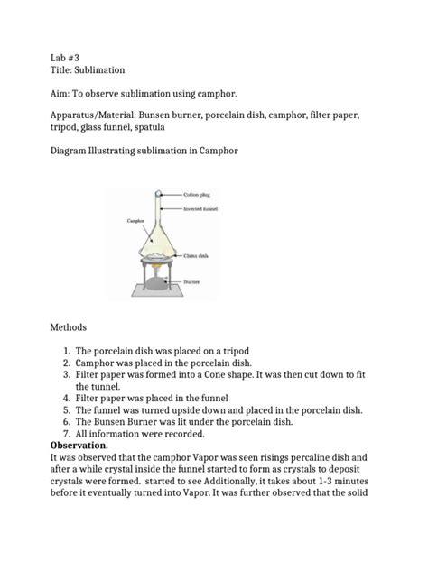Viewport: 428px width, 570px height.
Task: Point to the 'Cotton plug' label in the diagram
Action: (200, 194)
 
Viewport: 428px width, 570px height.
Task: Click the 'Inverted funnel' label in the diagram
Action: (204, 208)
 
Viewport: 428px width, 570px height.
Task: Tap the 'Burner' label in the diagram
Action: (194, 282)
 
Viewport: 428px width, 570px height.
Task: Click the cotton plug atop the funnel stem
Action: (158, 193)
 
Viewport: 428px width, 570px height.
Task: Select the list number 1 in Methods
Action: (66, 351)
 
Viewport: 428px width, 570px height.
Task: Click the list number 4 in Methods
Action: (66, 395)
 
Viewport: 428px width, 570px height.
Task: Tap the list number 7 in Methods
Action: (66, 434)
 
